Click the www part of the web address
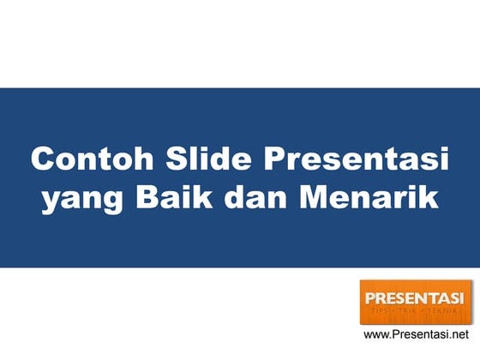[376, 335]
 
